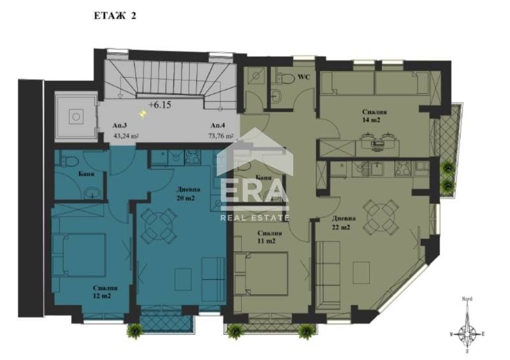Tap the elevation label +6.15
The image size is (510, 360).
click(159, 104)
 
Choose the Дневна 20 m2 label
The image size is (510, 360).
click(189, 193)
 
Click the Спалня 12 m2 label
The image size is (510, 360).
click(100, 292)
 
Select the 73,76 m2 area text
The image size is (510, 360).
click(221, 135)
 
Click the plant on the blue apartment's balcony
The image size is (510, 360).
click(135, 330)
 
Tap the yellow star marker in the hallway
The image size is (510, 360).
click(144, 114)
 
